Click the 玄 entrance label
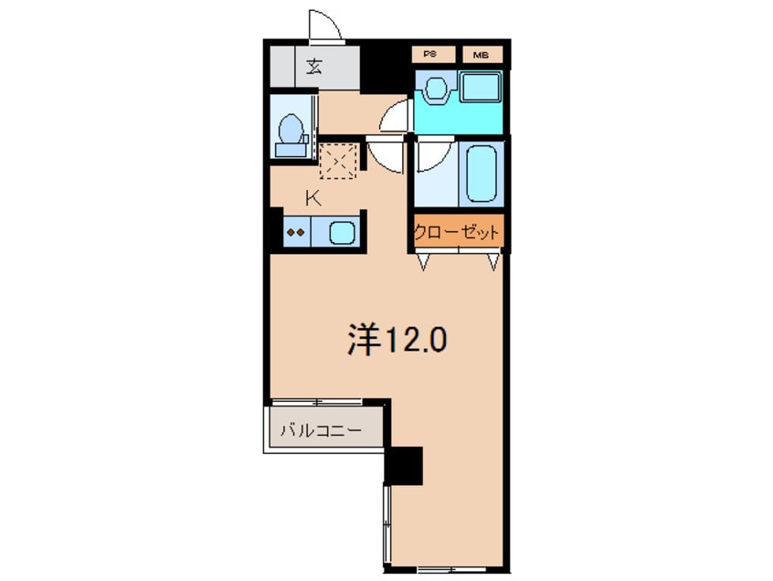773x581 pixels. pyautogui.click(x=313, y=66)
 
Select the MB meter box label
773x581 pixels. pyautogui.click(x=480, y=55)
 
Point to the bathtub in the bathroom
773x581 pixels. pyautogui.click(x=482, y=174)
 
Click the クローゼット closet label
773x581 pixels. pyautogui.click(x=457, y=233)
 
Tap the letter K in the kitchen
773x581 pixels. pyautogui.click(x=312, y=197)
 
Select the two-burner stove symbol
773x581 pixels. pyautogui.click(x=295, y=232)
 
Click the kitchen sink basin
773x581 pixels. pyautogui.click(x=340, y=232)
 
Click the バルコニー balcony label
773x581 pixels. pyautogui.click(x=319, y=429)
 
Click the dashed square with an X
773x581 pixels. pyautogui.click(x=340, y=162)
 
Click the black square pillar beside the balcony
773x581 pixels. pyautogui.click(x=404, y=466)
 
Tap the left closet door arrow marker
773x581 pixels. pyautogui.click(x=424, y=262)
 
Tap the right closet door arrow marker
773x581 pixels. pyautogui.click(x=492, y=262)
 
